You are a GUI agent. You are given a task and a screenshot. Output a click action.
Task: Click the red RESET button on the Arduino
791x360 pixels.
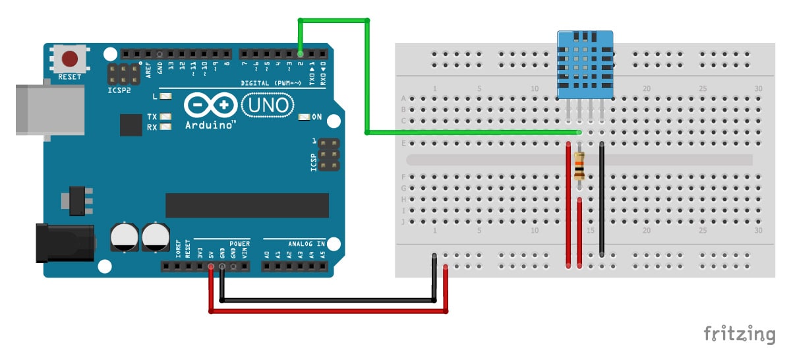click(70, 59)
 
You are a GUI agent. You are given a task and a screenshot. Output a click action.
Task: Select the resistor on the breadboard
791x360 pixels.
click(579, 166)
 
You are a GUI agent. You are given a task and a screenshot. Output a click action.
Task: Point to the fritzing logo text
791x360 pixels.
click(739, 334)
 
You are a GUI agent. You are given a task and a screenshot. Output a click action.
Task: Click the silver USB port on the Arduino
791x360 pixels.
click(49, 109)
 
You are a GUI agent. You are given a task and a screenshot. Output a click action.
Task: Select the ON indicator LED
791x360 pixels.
click(304, 117)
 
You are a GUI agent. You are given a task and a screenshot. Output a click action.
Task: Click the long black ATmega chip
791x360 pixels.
click(247, 205)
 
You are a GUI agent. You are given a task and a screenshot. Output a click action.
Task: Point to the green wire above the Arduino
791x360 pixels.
click(334, 21)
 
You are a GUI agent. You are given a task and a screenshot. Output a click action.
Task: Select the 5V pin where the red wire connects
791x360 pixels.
click(211, 267)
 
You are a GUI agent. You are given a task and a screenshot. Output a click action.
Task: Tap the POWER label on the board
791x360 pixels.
click(241, 243)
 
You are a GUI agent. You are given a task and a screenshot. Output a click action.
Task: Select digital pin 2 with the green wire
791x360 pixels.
click(301, 53)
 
